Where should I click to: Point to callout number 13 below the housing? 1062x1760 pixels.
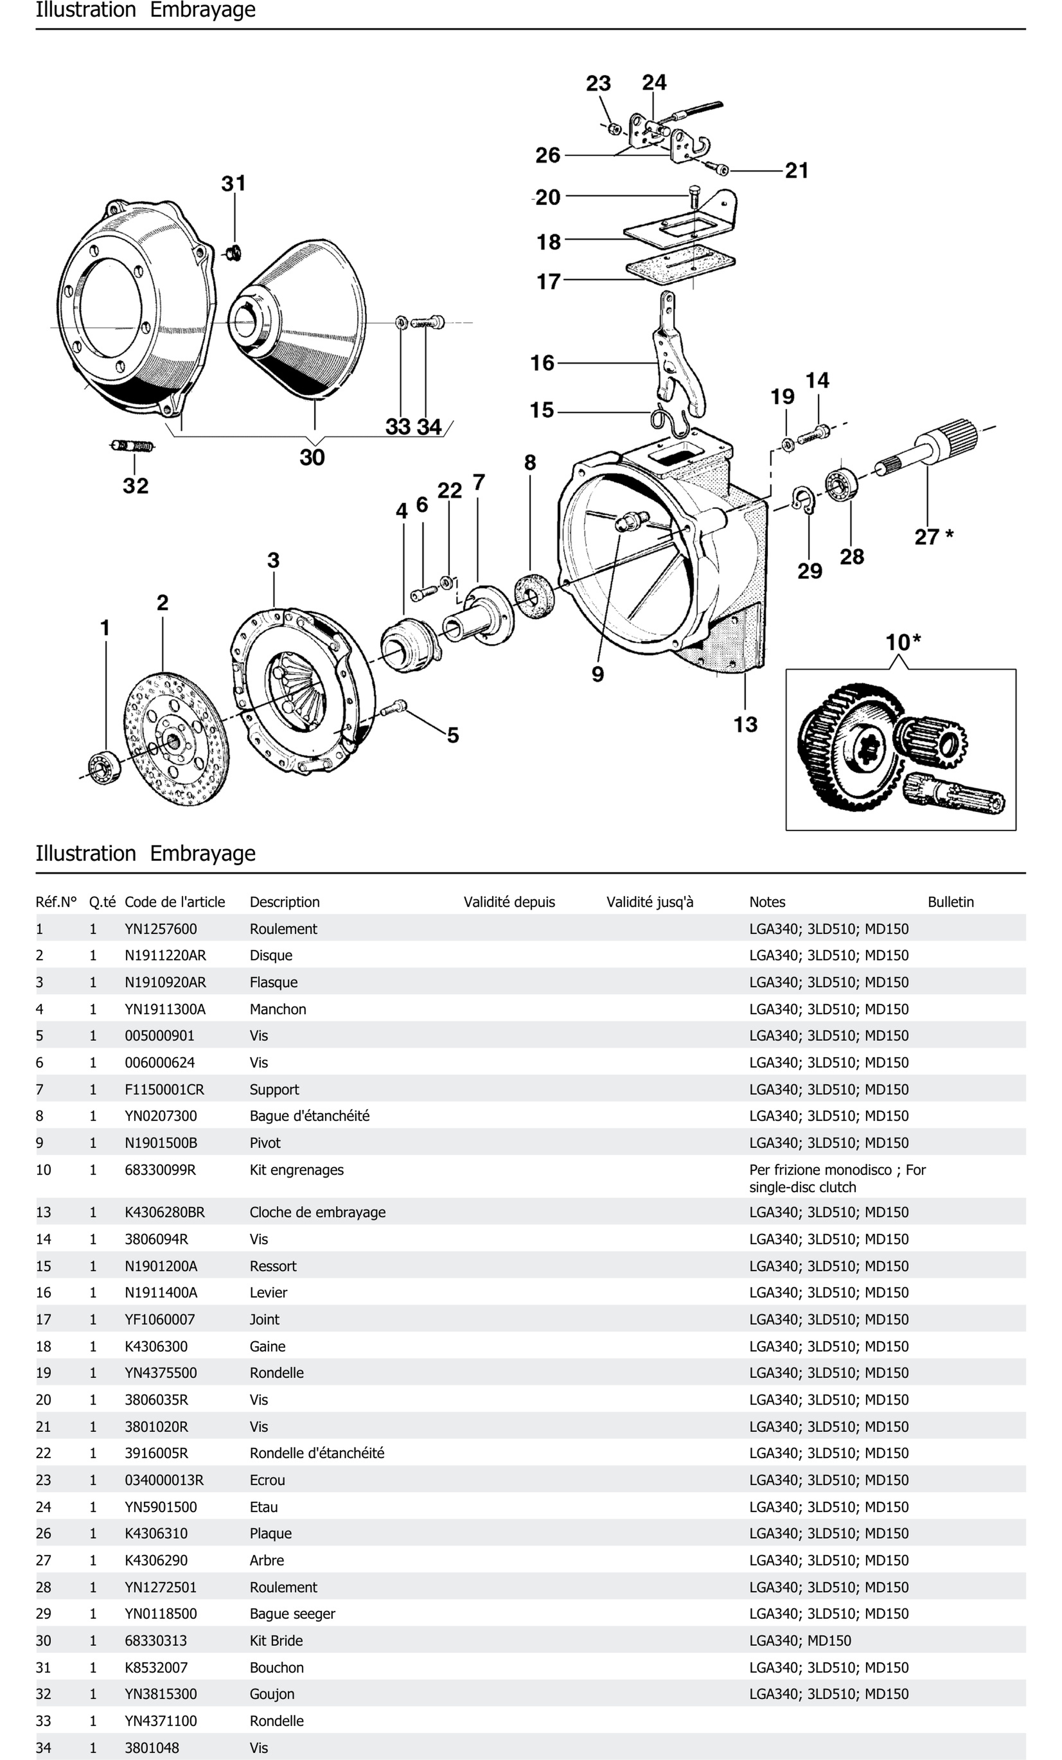pyautogui.click(x=745, y=724)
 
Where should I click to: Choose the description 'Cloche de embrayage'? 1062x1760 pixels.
pyautogui.click(x=317, y=1212)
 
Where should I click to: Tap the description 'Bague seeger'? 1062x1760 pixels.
pyautogui.click(x=292, y=1614)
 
